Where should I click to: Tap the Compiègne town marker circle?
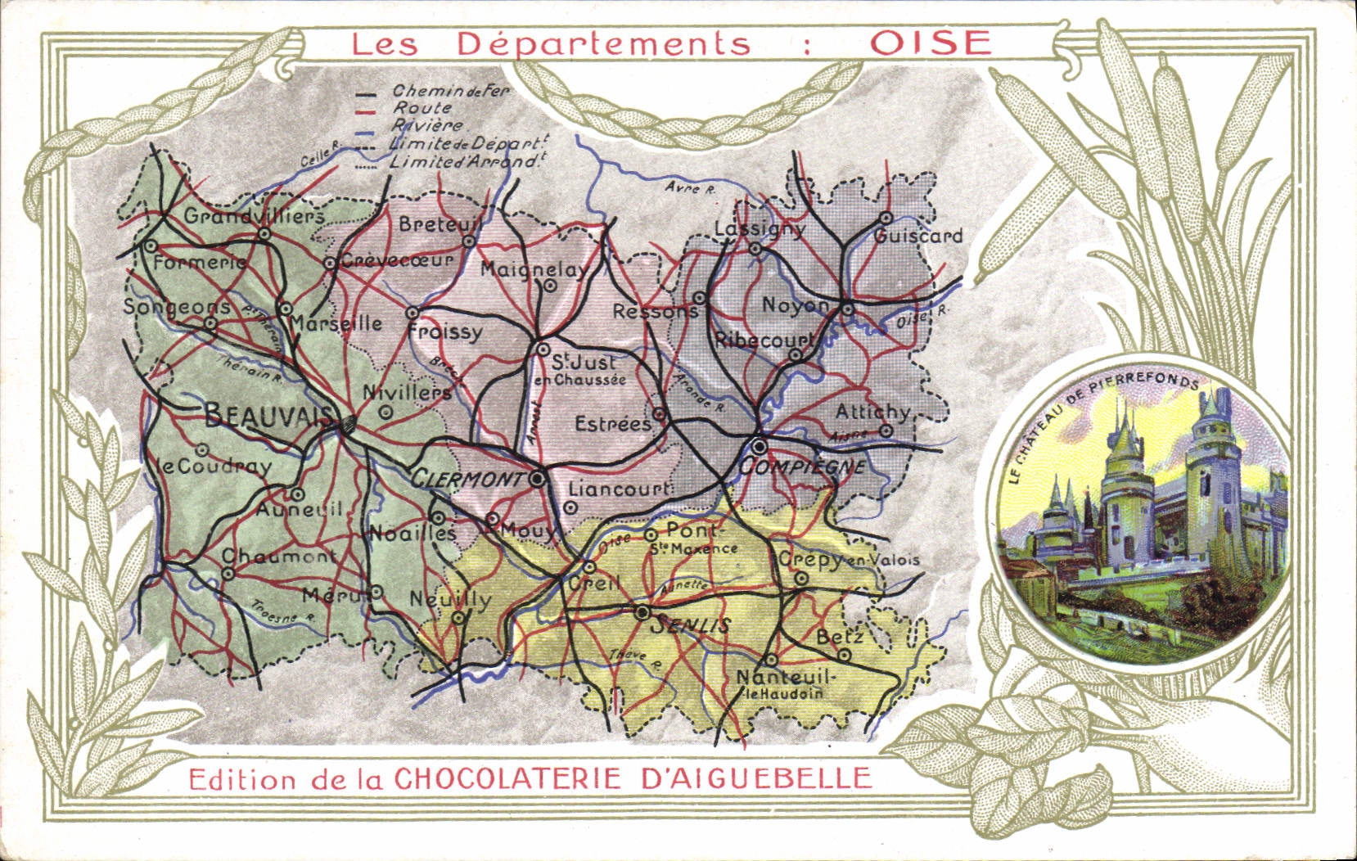[x=760, y=446]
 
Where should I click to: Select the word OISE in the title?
[x=931, y=43]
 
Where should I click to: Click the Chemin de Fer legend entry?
[x=450, y=91]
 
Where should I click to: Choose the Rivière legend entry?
[x=428, y=125]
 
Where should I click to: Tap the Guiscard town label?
[x=917, y=237]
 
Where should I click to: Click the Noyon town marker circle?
[x=847, y=309]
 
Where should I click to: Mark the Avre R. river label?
[x=691, y=188]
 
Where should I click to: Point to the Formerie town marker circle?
[x=151, y=246]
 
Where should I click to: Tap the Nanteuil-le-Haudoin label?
[x=784, y=683]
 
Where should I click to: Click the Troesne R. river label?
[x=282, y=614]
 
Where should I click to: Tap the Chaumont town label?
[x=279, y=557]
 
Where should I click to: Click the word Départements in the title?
[x=603, y=43]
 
